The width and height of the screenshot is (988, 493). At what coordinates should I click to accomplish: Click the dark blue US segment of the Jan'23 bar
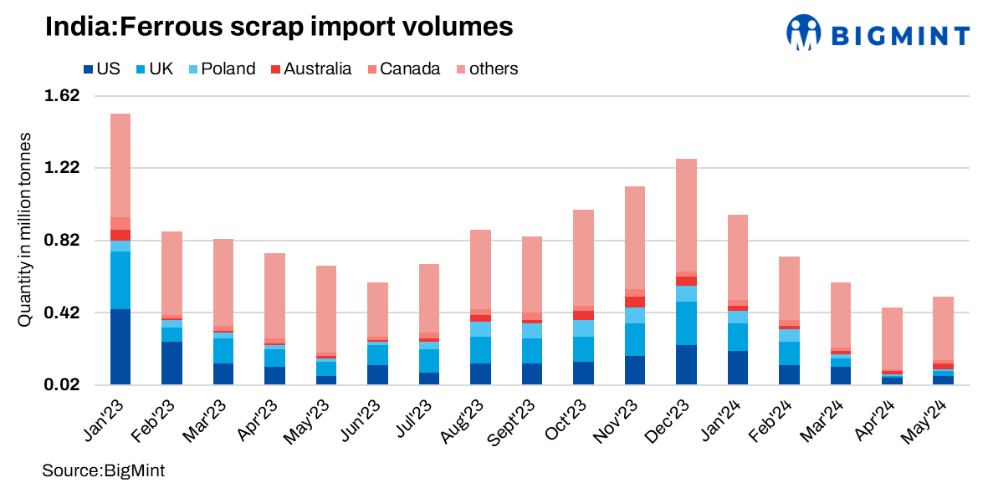[x=120, y=347]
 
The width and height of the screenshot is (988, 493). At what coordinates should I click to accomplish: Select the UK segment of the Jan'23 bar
[x=120, y=280]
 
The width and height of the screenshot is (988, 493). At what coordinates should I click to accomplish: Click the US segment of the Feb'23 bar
[x=171, y=363]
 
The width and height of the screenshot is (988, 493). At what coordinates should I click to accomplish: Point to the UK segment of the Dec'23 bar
[x=686, y=323]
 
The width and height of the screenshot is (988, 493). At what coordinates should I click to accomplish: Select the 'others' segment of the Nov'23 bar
[x=635, y=237]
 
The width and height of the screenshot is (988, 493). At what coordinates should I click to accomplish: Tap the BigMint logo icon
[x=805, y=33]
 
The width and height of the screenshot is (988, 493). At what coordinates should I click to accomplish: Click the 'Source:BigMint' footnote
[x=104, y=471]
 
